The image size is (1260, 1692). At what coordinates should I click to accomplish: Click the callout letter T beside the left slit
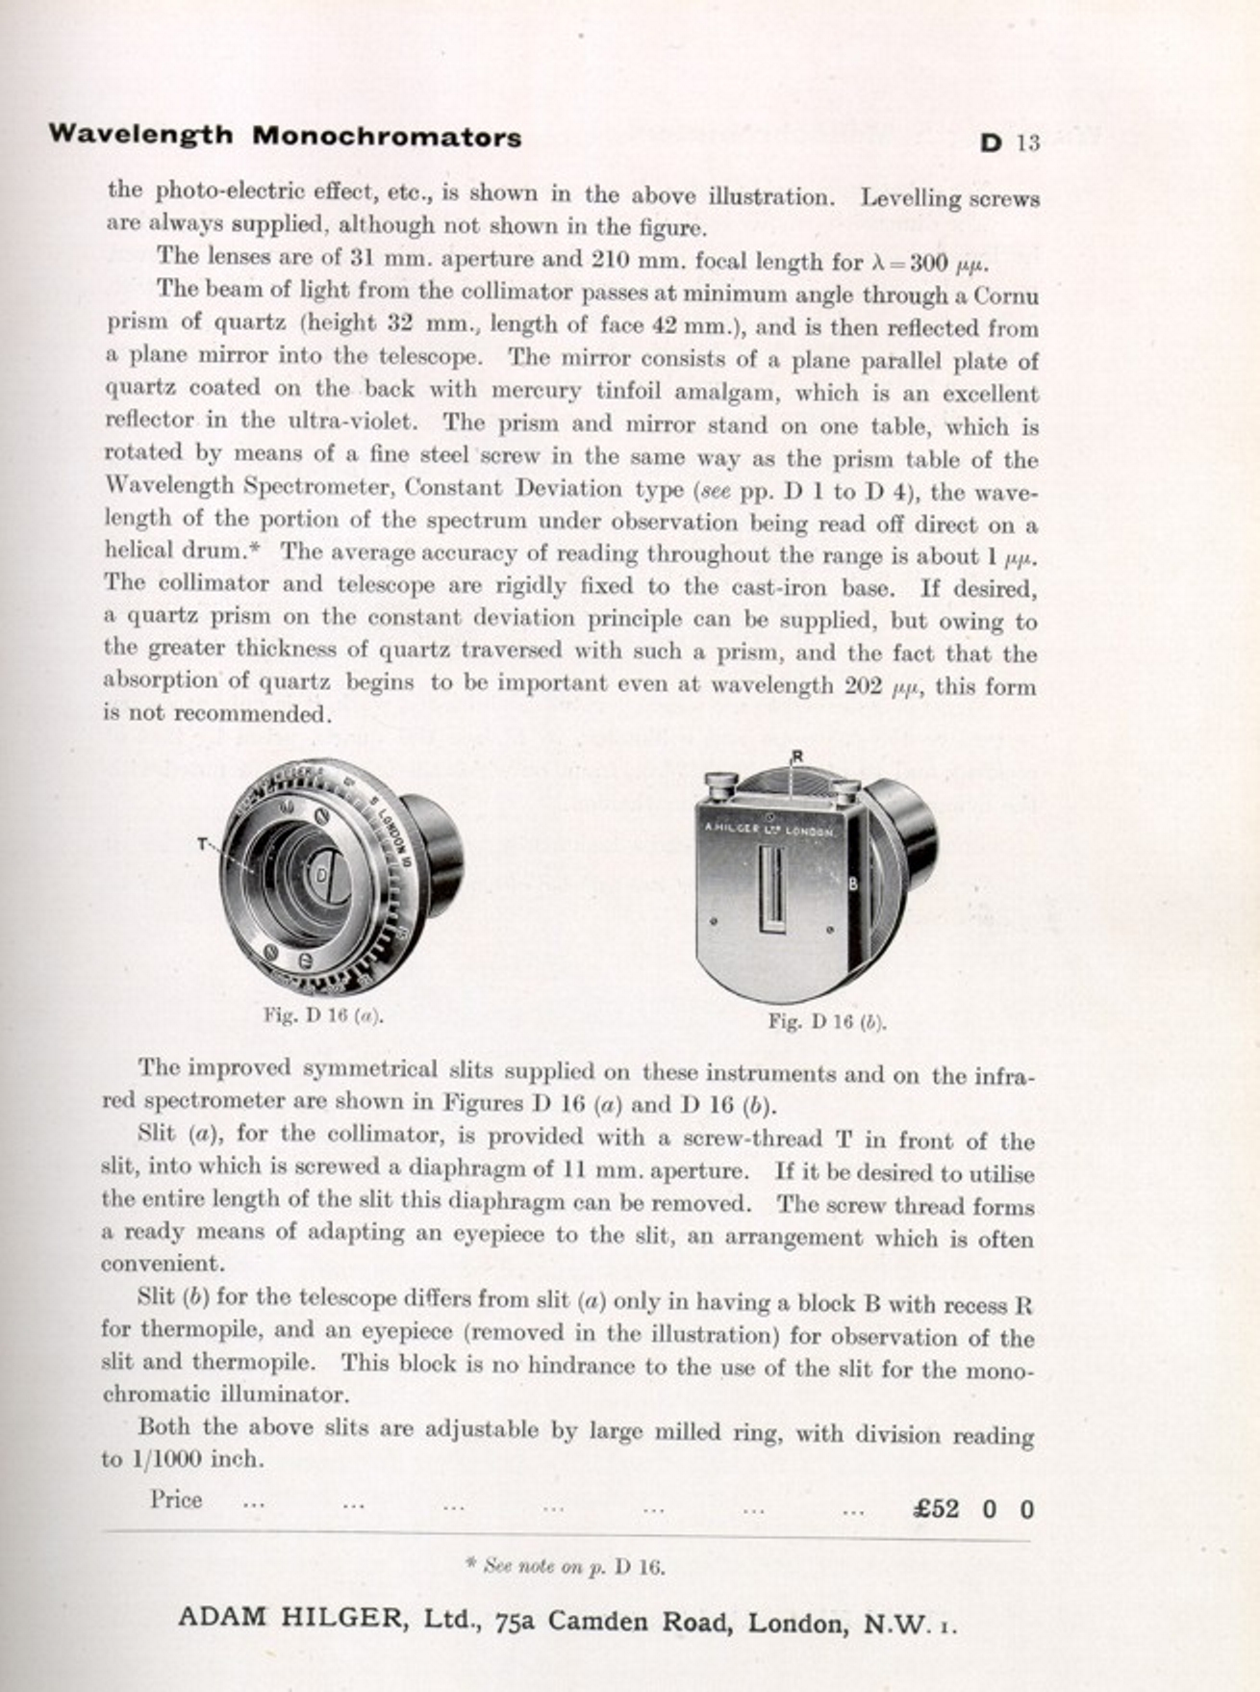[203, 844]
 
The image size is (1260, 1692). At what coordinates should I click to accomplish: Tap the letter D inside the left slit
[321, 874]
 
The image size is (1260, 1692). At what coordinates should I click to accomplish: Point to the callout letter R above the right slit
[796, 756]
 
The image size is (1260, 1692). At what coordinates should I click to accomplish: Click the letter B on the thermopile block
[851, 884]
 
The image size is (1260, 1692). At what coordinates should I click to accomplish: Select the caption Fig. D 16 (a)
[323, 1015]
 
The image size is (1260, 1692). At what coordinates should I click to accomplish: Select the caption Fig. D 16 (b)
[826, 1022]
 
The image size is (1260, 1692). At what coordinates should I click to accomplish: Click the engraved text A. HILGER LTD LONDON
[769, 828]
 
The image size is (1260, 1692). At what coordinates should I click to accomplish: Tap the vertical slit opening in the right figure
[769, 887]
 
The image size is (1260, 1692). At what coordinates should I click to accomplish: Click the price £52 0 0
[972, 1508]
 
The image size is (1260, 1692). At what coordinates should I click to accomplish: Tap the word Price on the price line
[176, 1500]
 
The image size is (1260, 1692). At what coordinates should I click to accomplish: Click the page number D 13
[1010, 143]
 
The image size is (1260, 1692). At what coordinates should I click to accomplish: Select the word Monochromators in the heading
[387, 137]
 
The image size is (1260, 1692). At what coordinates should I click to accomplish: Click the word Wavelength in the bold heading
[140, 134]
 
